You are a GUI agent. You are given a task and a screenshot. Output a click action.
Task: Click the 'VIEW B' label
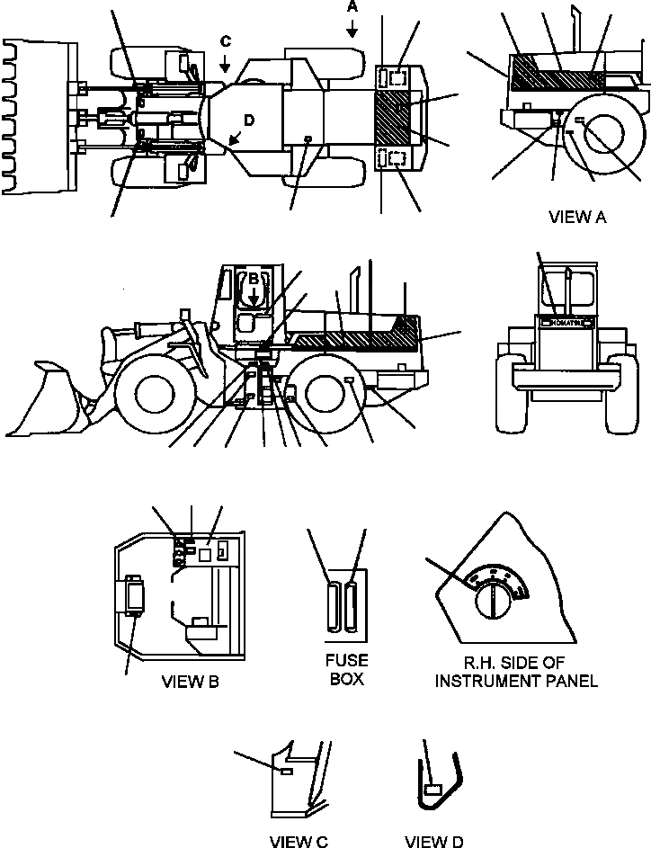190,681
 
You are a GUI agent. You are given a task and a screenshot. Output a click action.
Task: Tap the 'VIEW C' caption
299,841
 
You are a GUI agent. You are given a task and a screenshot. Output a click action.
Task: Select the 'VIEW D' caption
433,841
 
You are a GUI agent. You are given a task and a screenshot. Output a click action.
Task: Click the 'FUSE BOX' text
346,670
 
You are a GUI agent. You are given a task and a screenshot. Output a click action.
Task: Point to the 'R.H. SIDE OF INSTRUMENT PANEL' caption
516,673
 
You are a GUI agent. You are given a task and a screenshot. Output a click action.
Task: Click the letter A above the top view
352,7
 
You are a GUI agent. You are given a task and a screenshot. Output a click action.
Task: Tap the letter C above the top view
226,41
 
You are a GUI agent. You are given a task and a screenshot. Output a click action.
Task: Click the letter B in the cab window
254,279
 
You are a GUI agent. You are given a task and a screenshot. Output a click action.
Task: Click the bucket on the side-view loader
49,400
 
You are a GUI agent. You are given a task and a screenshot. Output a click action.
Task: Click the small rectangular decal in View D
433,790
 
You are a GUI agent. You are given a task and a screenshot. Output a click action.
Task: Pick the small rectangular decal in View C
285,772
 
